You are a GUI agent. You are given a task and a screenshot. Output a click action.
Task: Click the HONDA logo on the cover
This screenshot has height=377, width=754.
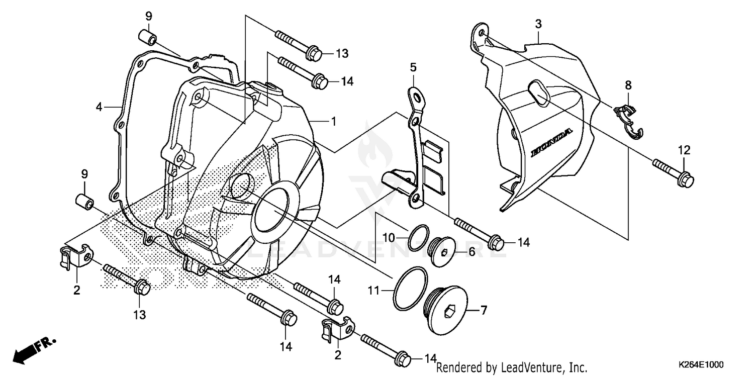tap(551, 143)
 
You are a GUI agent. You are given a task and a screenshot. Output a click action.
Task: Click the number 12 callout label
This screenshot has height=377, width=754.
tap(684, 150)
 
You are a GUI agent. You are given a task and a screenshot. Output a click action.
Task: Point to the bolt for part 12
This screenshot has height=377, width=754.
tap(674, 171)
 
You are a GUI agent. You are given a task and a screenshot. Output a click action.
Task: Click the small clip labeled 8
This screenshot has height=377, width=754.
tap(630, 121)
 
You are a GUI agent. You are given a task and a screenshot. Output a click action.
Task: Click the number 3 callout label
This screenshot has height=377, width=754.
tap(538, 24)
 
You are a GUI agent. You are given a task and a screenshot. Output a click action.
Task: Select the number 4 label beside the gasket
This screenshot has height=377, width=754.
tap(99, 107)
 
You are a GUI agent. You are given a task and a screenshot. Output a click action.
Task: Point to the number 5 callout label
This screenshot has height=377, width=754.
tap(413, 67)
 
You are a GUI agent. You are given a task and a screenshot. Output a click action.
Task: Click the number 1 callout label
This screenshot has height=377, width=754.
tap(332, 121)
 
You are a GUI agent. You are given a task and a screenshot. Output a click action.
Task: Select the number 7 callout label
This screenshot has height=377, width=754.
tap(483, 311)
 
